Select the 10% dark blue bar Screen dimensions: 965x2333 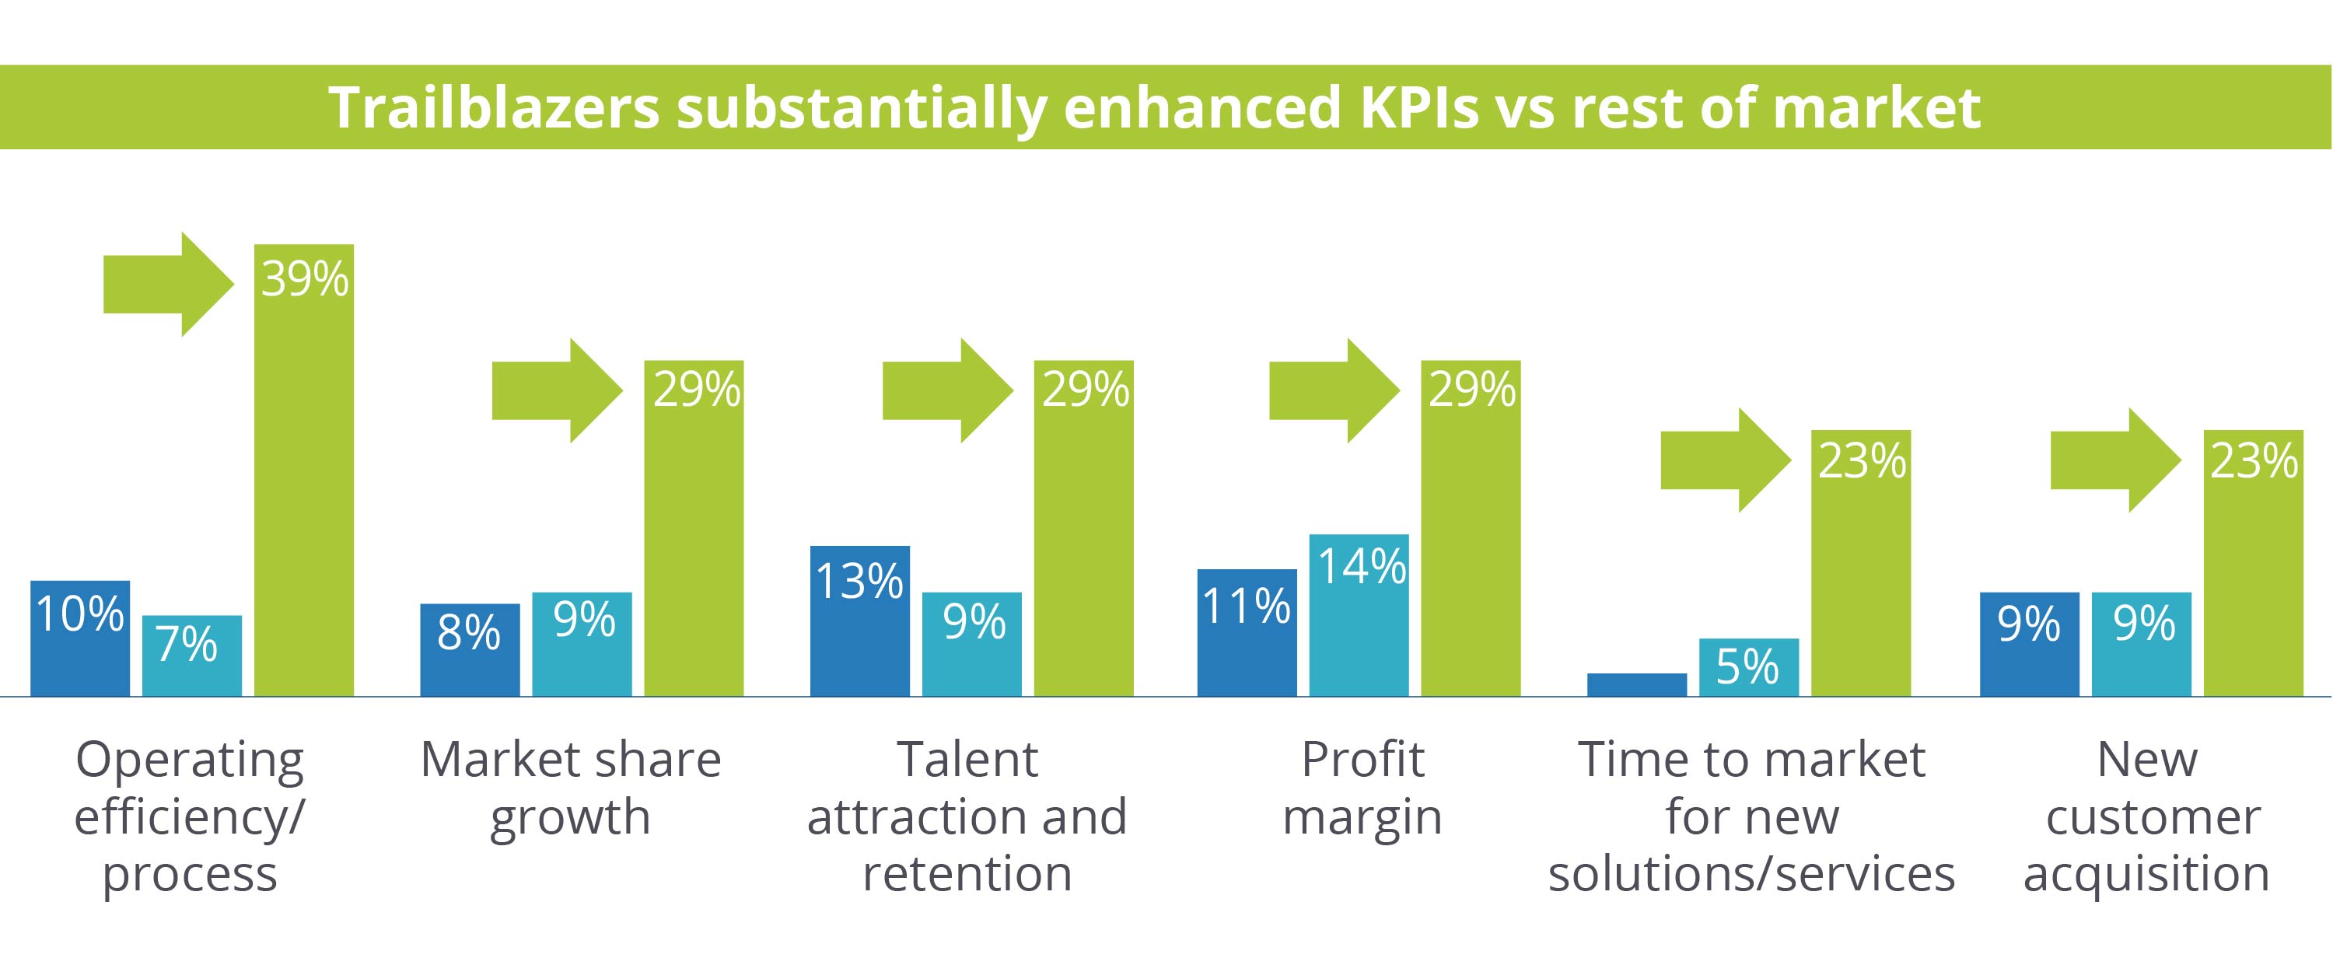(x=79, y=638)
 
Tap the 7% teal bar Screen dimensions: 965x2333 (x=192, y=656)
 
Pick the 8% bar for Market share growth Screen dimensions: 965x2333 (x=469, y=650)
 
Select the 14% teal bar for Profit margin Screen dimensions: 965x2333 (x=1359, y=616)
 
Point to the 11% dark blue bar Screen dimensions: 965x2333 (x=1246, y=633)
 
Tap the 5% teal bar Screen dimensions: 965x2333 (x=1748, y=667)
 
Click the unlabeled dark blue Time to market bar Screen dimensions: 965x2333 (x=1636, y=684)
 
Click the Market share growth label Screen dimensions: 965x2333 (x=571, y=788)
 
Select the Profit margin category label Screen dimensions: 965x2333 (x=1362, y=788)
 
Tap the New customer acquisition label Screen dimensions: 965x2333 (x=2146, y=816)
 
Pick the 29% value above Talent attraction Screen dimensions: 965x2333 (x=1084, y=390)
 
